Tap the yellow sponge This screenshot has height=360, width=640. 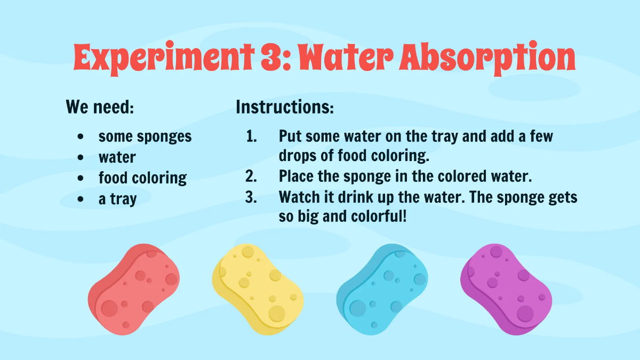(258, 288)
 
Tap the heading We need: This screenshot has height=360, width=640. (100, 107)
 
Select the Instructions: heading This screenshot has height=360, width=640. (285, 107)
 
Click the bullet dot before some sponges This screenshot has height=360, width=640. (80, 137)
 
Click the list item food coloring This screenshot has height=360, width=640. (142, 178)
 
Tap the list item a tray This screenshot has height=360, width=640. (117, 199)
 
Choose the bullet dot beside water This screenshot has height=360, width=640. (80, 157)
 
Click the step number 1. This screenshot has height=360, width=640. (251, 136)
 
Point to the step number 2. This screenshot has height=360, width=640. (251, 176)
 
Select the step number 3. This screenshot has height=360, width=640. (251, 197)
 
